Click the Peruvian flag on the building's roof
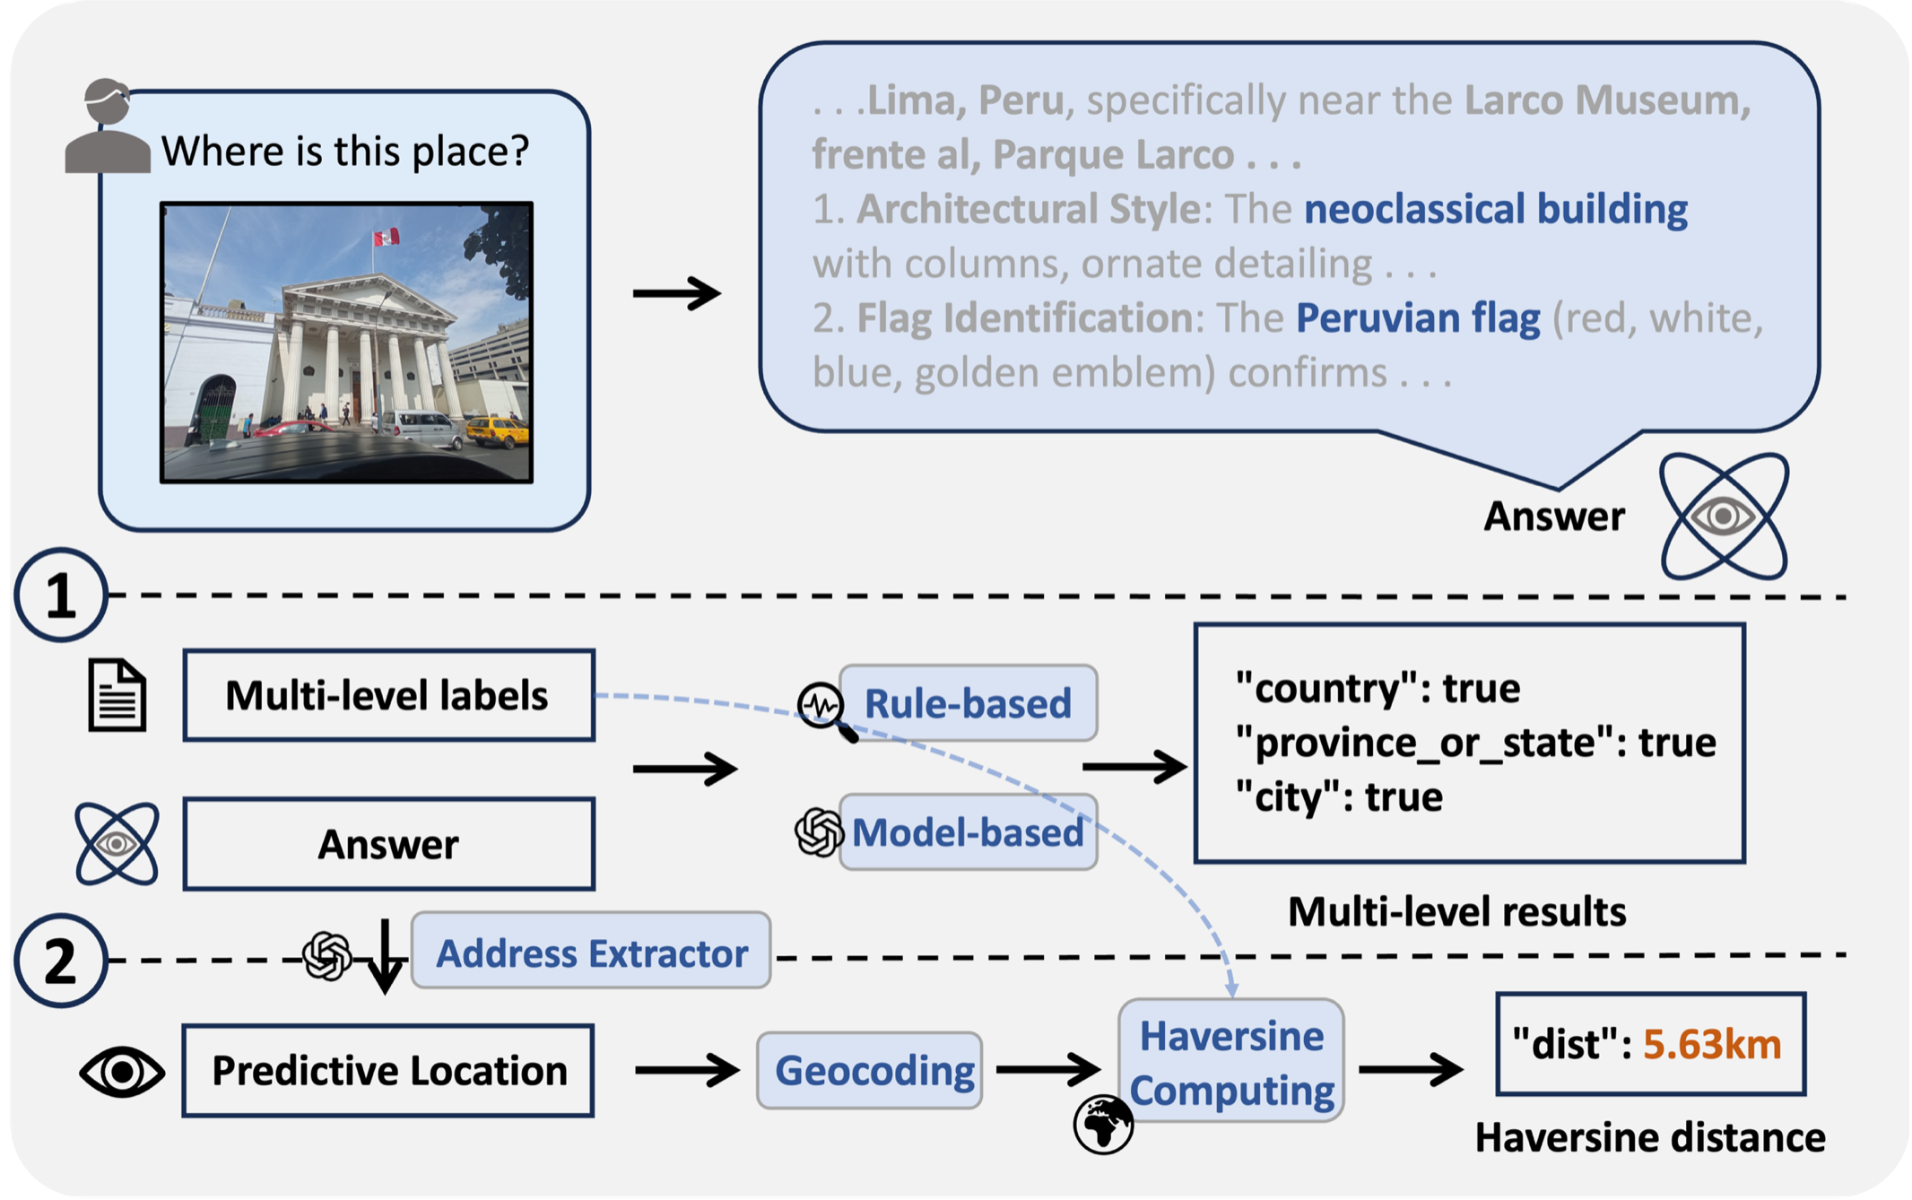click(387, 238)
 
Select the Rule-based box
click(968, 703)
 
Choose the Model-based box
click(968, 832)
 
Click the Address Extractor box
click(591, 952)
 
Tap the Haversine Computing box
click(1231, 1062)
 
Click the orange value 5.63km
click(1711, 1045)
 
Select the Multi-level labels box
click(388, 696)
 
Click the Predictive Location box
click(388, 1070)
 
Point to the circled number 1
click(61, 595)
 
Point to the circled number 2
click(61, 961)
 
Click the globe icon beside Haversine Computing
click(1103, 1124)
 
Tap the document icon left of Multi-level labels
click(117, 695)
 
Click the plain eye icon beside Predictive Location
click(121, 1071)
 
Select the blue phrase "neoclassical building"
click(1495, 209)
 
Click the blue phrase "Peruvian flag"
click(1417, 318)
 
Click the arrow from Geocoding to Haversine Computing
click(1047, 1068)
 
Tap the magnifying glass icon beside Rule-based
click(825, 711)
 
